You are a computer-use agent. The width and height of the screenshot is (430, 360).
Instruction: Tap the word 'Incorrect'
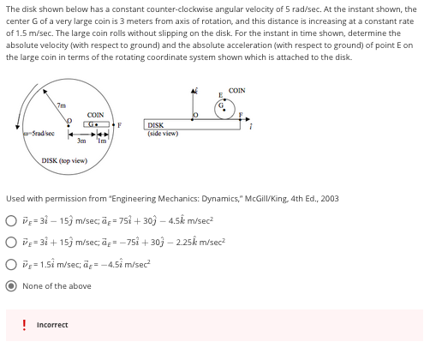pos(53,325)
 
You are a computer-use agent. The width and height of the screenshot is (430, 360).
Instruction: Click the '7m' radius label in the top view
pos(61,105)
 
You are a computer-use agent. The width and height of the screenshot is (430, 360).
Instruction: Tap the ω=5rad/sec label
pos(39,134)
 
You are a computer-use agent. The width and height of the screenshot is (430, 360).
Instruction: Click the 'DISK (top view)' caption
pos(63,160)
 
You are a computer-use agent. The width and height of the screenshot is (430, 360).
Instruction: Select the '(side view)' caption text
pos(163,133)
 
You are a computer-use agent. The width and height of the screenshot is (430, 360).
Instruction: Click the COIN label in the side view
pos(237,90)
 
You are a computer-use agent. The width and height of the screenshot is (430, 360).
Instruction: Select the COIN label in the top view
pos(94,115)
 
